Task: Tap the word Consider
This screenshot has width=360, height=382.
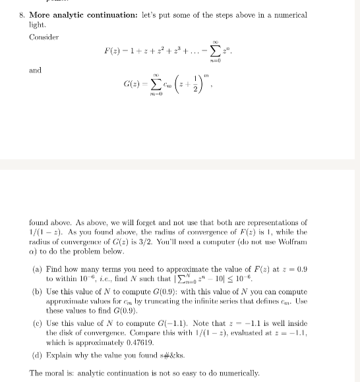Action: (x=44, y=37)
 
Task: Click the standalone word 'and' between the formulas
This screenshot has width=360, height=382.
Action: (x=34, y=70)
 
